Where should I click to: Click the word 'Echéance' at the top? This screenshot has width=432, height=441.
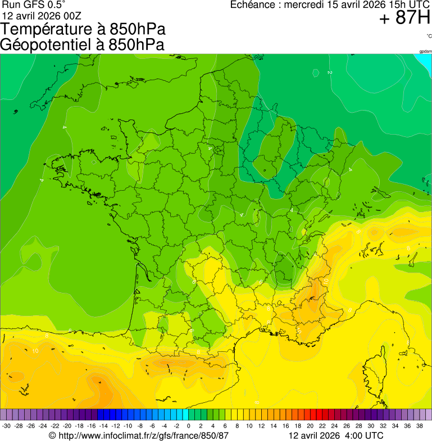(x=256, y=5)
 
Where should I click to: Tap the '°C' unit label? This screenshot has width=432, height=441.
(x=429, y=36)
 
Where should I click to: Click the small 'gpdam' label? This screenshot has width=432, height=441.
(x=425, y=52)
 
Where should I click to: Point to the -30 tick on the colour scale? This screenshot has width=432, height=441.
(x=6, y=426)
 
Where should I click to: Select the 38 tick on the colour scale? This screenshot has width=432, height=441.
(x=419, y=426)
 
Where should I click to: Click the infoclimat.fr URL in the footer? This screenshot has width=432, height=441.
(x=144, y=436)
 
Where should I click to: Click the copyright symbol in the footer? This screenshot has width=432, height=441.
(x=52, y=436)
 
